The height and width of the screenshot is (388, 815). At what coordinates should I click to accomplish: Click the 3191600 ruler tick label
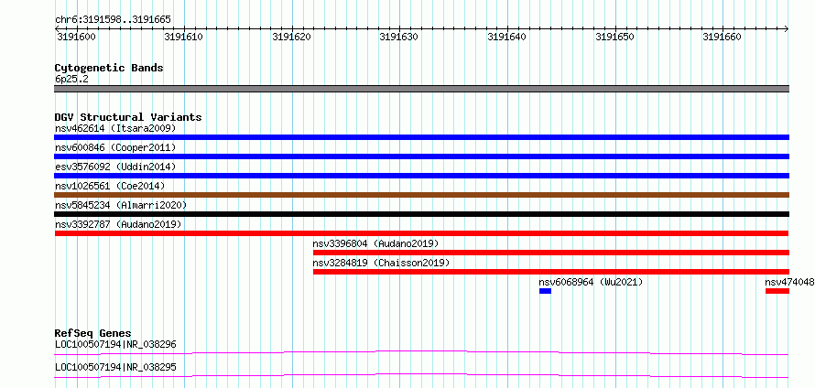(75, 37)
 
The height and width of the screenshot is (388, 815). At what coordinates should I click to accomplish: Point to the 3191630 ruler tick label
(398, 37)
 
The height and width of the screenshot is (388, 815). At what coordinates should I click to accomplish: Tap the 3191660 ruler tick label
(722, 37)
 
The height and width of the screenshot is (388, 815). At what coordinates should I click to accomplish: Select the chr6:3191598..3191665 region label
(113, 20)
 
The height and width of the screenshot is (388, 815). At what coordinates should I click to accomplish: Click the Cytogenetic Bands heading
(109, 68)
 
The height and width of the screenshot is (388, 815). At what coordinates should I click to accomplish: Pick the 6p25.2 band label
(71, 79)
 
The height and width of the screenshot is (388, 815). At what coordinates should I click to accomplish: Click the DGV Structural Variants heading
(128, 117)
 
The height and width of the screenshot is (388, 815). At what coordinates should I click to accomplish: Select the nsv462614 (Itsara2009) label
(115, 128)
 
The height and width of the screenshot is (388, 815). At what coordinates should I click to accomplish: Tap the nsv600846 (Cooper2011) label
(115, 147)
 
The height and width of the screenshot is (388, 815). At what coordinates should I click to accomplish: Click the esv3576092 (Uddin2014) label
(115, 167)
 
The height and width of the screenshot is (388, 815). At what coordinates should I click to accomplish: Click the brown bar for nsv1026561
(421, 195)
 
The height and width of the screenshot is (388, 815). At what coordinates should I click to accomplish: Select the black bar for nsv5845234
(421, 214)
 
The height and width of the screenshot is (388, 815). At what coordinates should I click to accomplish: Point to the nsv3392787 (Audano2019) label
(118, 224)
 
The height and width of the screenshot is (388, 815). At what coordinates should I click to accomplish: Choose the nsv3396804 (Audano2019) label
(375, 243)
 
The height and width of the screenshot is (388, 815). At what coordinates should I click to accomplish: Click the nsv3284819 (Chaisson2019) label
(381, 263)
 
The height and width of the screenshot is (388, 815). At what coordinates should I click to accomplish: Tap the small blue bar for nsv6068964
(545, 291)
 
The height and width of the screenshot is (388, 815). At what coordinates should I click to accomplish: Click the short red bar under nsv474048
(777, 291)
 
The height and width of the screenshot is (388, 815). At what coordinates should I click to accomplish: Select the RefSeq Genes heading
(93, 333)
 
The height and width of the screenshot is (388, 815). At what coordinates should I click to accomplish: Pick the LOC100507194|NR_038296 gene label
(115, 344)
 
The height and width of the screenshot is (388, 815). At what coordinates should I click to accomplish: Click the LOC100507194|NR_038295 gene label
(115, 367)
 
